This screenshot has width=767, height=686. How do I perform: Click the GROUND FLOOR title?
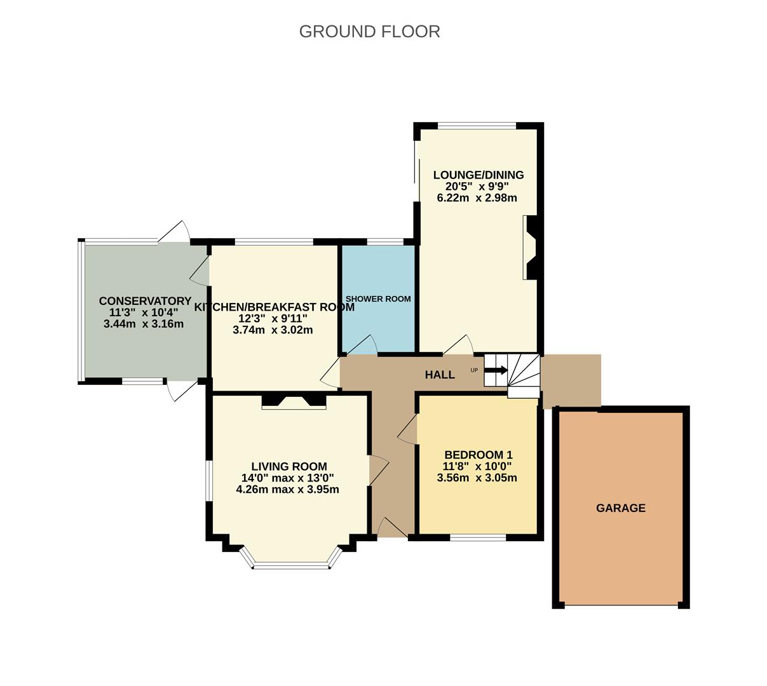pyautogui.click(x=369, y=31)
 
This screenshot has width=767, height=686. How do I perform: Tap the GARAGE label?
pyautogui.click(x=620, y=508)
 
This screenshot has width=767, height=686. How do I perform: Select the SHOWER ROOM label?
pyautogui.click(x=378, y=299)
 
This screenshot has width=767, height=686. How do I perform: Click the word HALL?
pyautogui.click(x=440, y=375)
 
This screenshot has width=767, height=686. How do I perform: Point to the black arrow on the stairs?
pyautogui.click(x=496, y=370)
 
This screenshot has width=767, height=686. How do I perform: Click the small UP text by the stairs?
pyautogui.click(x=474, y=370)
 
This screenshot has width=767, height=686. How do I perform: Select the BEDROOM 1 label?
pyautogui.click(x=478, y=455)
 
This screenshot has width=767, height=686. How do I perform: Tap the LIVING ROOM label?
pyautogui.click(x=288, y=466)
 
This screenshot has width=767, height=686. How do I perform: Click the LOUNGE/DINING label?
pyautogui.click(x=478, y=175)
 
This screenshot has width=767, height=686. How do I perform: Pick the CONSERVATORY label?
pyautogui.click(x=145, y=301)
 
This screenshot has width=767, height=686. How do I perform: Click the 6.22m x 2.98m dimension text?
pyautogui.click(x=477, y=198)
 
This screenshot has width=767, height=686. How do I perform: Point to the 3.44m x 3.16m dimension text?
pyautogui.click(x=144, y=324)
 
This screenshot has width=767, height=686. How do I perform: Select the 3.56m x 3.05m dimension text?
pyautogui.click(x=477, y=478)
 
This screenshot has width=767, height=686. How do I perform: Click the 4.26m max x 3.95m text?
pyautogui.click(x=287, y=489)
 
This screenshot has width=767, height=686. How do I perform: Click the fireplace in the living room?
pyautogui.click(x=294, y=401)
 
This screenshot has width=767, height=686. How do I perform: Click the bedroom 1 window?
pyautogui.click(x=478, y=537)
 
